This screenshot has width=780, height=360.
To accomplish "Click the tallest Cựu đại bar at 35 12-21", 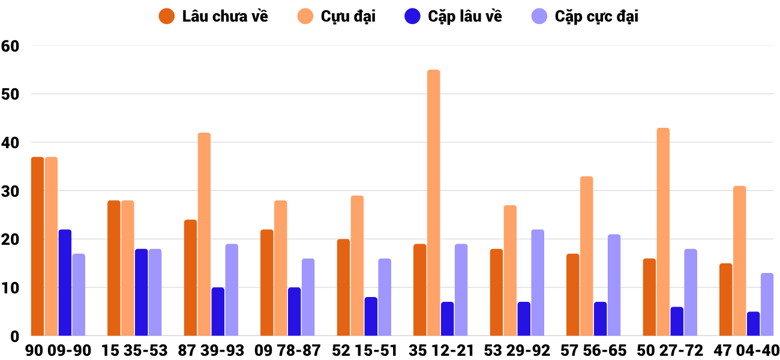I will (433, 203).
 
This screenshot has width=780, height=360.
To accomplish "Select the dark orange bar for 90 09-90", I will (37, 246).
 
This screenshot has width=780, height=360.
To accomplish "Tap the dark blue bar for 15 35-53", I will (142, 292).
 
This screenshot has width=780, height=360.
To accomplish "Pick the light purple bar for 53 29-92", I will (538, 283).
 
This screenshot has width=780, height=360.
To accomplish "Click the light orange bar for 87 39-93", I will (204, 234).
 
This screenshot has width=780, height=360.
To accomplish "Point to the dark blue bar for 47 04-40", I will (754, 324).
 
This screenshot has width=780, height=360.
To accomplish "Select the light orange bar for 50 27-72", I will (663, 232).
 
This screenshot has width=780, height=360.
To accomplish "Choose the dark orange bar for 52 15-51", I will (343, 287).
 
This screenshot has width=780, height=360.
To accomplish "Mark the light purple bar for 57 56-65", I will (614, 285).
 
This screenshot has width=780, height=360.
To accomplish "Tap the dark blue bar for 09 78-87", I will (295, 311).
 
